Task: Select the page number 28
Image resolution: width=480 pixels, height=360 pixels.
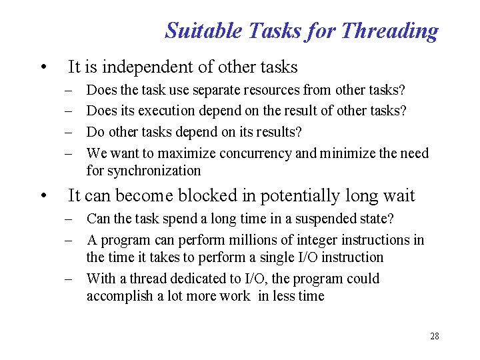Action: (x=435, y=336)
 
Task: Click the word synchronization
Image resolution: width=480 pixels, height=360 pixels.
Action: (x=143, y=171)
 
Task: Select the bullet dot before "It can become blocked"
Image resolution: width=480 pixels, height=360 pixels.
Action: (x=43, y=197)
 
